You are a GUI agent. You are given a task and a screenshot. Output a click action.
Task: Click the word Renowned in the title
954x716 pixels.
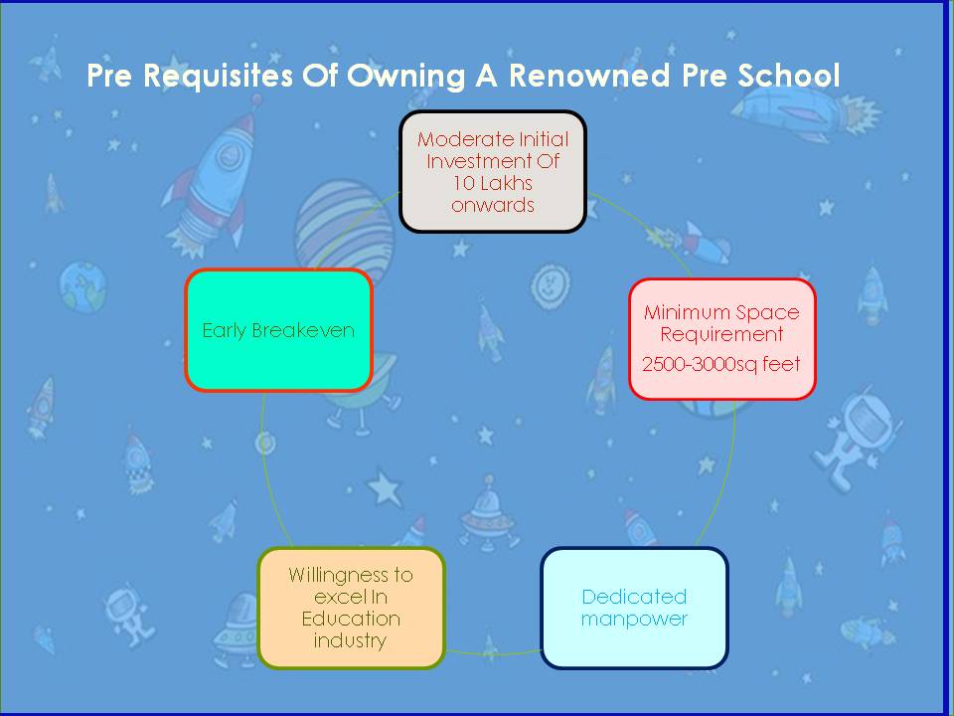coord(589,76)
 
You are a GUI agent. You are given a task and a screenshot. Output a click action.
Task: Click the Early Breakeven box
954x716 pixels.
coord(278,329)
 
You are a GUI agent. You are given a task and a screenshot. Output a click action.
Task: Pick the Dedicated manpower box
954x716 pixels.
coord(634,608)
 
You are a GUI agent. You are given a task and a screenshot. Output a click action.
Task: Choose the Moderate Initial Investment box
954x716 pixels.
coord(493,172)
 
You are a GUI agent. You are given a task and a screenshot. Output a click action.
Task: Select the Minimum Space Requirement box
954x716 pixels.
coord(722,339)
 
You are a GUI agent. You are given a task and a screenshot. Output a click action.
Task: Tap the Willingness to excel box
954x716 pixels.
coord(351,608)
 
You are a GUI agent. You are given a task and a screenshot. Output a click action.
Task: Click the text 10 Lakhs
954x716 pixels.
coord(493,183)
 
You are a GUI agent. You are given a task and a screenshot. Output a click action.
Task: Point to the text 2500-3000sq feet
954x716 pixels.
coord(721,364)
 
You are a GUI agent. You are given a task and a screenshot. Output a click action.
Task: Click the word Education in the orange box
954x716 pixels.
coord(351,619)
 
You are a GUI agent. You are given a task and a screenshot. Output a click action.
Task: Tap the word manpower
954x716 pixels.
coord(634,620)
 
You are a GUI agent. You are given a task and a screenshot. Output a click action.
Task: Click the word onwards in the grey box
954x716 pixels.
coord(493,205)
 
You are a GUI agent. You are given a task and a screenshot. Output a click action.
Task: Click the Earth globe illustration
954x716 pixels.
coord(82,286)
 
